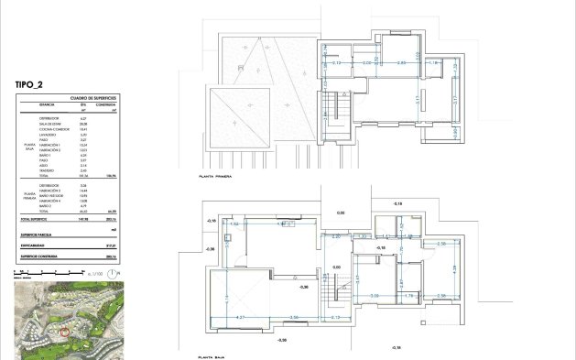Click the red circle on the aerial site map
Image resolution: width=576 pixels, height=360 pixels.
[64, 328]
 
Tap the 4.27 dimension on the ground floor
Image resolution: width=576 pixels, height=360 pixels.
[241, 317]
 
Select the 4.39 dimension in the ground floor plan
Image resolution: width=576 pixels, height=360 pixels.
[453, 268]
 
